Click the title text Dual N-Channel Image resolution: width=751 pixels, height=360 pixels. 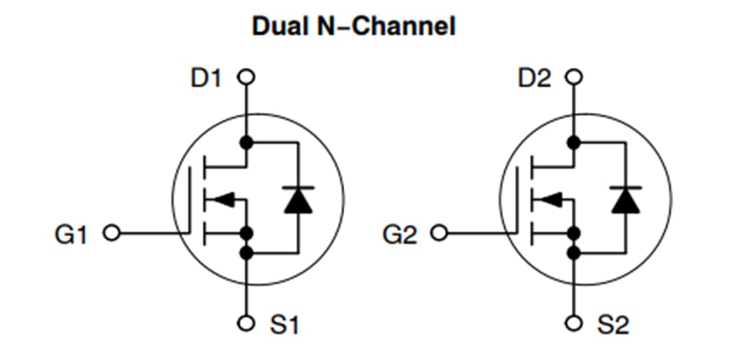[353, 27]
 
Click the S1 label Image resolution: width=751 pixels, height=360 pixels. [284, 325]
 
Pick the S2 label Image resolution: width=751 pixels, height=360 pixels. [613, 325]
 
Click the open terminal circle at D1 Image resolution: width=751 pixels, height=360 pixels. [246, 77]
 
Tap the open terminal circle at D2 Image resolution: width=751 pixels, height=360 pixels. [574, 77]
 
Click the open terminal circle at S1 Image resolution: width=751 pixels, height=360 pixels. [246, 323]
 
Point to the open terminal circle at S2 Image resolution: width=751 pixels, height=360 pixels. [574, 323]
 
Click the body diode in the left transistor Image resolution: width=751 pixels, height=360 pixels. [298, 199]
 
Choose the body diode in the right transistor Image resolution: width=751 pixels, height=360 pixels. [626, 199]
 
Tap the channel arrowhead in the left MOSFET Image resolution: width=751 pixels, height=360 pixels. [223, 200]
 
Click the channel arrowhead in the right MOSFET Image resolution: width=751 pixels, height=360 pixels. [551, 200]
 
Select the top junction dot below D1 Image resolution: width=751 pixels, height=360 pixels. [246, 142]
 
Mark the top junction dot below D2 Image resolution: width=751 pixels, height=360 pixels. [574, 142]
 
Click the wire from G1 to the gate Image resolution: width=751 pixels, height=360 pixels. [153, 233]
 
